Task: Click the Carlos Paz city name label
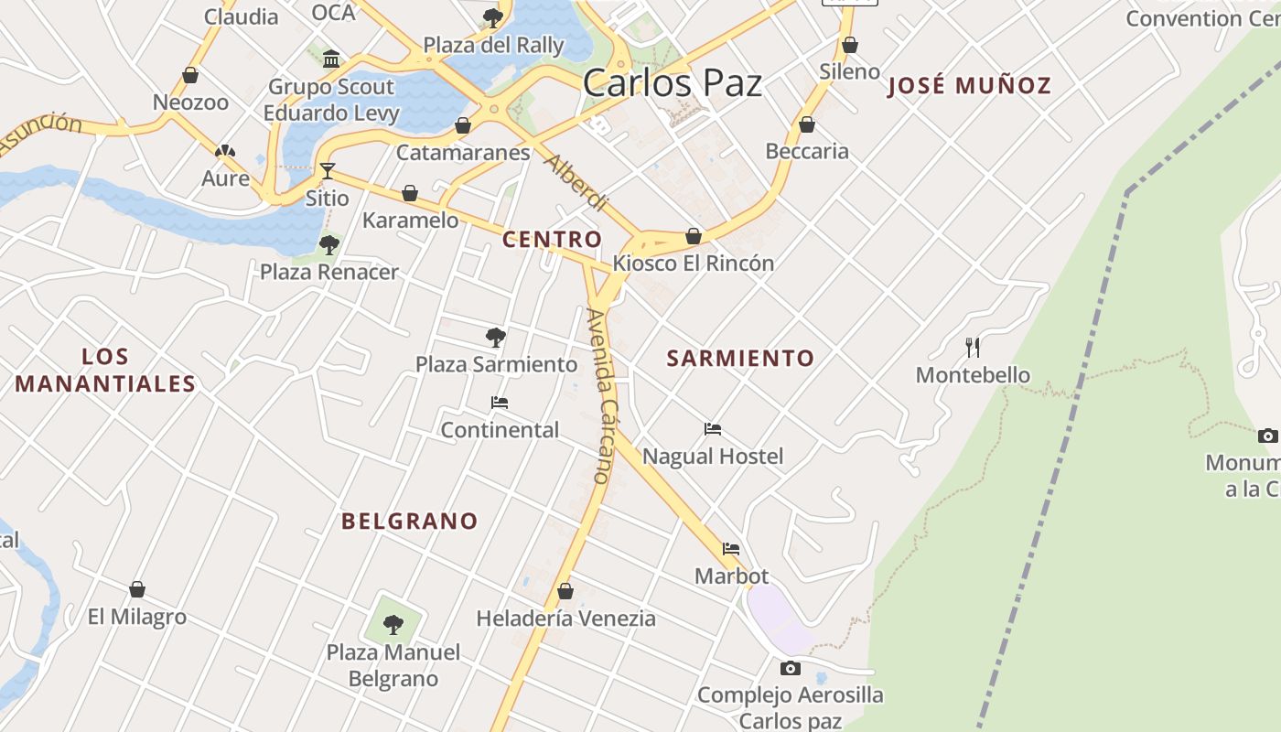[673, 83]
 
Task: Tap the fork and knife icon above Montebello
[973, 348]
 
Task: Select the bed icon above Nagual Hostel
[713, 429]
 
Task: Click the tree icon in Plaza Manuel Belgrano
[393, 625]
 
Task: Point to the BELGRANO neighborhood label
[410, 522]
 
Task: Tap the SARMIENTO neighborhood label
[740, 359]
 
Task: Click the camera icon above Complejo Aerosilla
[791, 669]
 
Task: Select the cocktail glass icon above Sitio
[328, 171]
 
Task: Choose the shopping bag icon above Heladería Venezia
[565, 592]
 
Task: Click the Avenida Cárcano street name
[601, 396]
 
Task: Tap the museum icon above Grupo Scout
[331, 59]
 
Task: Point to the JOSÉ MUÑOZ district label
[970, 86]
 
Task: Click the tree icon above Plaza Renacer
[329, 245]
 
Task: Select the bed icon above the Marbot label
[731, 549]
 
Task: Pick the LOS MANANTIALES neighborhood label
[105, 370]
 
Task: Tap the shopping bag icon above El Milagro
[137, 589]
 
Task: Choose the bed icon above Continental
[500, 403]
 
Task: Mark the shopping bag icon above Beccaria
[807, 124]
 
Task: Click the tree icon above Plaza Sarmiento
[496, 338]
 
